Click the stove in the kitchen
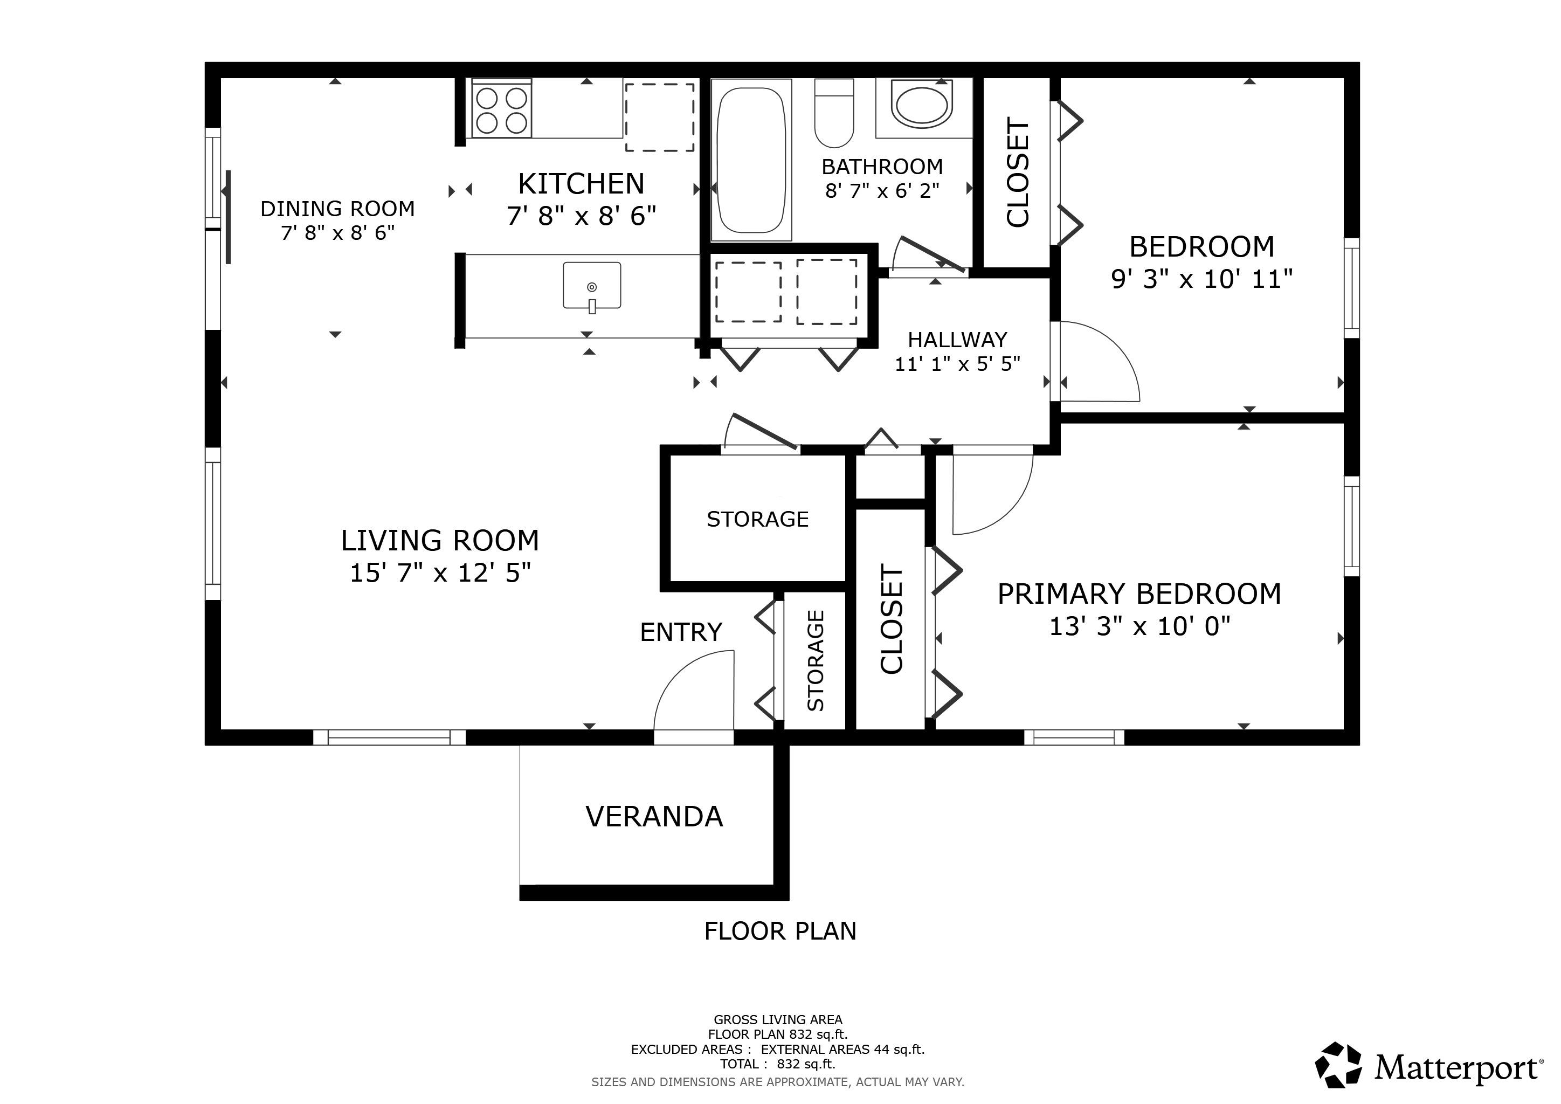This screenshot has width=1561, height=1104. [x=501, y=109]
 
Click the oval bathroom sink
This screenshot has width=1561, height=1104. [x=922, y=106]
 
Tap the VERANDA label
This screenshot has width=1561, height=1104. [x=654, y=817]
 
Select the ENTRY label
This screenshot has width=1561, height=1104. [x=681, y=632]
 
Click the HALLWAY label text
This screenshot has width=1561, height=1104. [x=957, y=340]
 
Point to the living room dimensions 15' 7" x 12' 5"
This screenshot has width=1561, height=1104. [x=440, y=573]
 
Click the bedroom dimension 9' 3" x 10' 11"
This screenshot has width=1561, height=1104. [x=1201, y=279]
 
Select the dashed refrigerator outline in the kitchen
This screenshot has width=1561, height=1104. [x=659, y=118]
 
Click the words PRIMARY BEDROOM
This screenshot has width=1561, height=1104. [x=1139, y=594]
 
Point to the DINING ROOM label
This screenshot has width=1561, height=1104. [x=337, y=209]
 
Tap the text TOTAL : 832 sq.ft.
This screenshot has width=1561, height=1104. [x=778, y=1064]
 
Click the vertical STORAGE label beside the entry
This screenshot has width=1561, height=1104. [x=815, y=661]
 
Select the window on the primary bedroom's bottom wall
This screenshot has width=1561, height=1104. [x=1074, y=737]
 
